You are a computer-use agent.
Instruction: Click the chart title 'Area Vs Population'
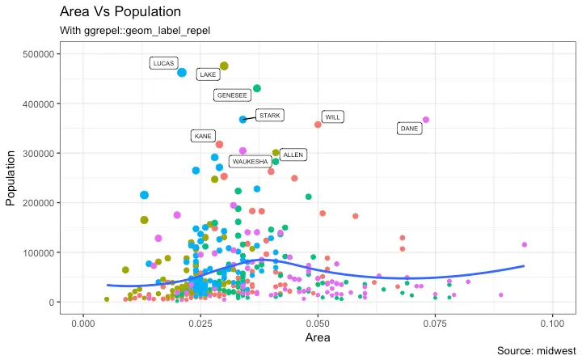(120, 13)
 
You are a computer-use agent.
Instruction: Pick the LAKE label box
(208, 74)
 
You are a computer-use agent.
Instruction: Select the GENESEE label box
(232, 95)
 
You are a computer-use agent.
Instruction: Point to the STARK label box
(269, 116)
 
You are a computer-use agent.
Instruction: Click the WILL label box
(332, 117)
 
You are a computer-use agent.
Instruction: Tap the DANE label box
(409, 129)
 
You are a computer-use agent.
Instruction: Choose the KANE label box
(203, 136)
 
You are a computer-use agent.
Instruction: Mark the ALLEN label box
(293, 155)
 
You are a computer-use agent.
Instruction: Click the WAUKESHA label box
(250, 162)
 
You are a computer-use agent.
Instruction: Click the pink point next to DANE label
(426, 120)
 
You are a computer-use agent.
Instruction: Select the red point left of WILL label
(318, 125)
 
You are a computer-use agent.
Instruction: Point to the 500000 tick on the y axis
(40, 54)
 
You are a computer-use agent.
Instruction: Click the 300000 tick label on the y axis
(40, 154)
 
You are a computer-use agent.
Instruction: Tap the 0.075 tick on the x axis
(435, 323)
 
